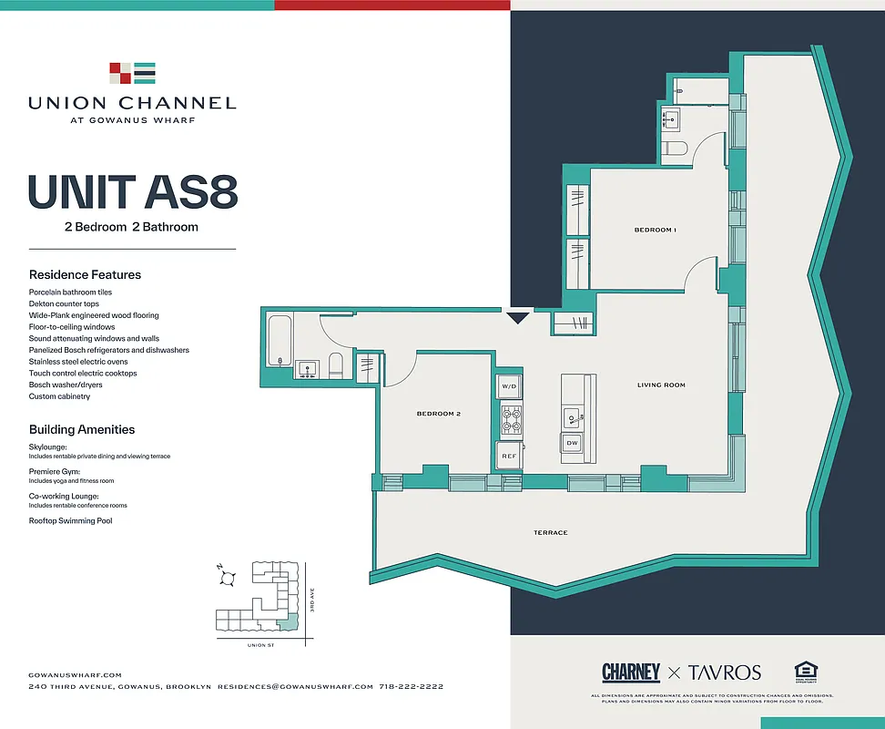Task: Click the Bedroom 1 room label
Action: pyautogui.click(x=656, y=230)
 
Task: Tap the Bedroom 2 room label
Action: pyautogui.click(x=439, y=414)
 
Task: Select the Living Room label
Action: pyautogui.click(x=661, y=385)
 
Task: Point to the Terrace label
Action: pyautogui.click(x=550, y=532)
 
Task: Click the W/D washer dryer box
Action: pyautogui.click(x=509, y=387)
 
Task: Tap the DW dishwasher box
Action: pyautogui.click(x=572, y=443)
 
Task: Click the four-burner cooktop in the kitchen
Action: pyautogui.click(x=510, y=419)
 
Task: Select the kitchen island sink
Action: pyautogui.click(x=572, y=417)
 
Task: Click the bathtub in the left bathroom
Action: pyautogui.click(x=279, y=339)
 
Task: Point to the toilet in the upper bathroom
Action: pyautogui.click(x=676, y=148)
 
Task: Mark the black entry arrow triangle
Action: pyautogui.click(x=517, y=318)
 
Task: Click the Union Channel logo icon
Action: pyautogui.click(x=132, y=73)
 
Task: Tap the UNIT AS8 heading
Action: pyautogui.click(x=133, y=192)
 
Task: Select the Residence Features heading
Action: pyautogui.click(x=85, y=274)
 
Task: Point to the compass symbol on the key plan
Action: pyautogui.click(x=229, y=577)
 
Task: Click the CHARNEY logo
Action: pyautogui.click(x=631, y=673)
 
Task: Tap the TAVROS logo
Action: pyautogui.click(x=724, y=673)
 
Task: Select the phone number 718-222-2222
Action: pyautogui.click(x=411, y=686)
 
